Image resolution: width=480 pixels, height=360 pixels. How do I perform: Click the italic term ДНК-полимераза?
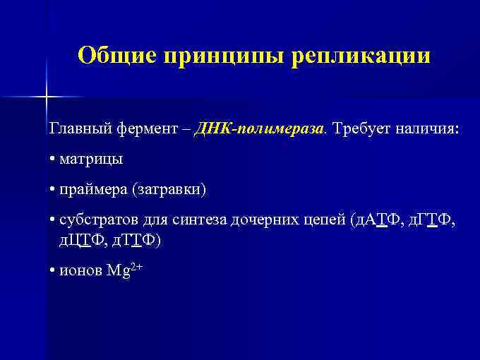pyautogui.click(x=262, y=130)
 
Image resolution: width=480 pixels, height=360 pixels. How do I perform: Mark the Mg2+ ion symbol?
pyautogui.click(x=125, y=270)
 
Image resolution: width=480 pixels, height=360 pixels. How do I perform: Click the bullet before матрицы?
pyautogui.click(x=53, y=160)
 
